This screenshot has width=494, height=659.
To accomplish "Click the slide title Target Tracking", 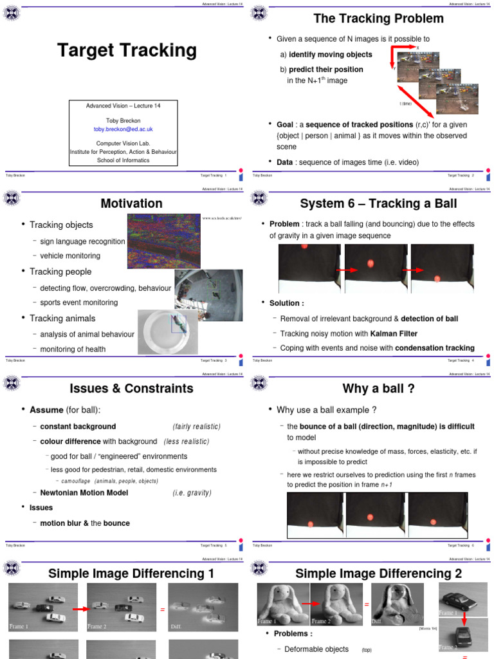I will [x=127, y=50].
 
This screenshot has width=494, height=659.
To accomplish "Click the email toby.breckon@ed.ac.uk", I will [x=123, y=129].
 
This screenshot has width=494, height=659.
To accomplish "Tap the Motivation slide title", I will [x=131, y=203].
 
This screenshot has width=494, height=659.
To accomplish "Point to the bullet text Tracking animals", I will [x=62, y=318].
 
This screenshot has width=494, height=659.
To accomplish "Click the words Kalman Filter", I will [x=394, y=333].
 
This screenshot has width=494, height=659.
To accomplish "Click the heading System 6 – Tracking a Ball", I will [x=378, y=203].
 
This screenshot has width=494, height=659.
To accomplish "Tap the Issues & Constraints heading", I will [x=131, y=388].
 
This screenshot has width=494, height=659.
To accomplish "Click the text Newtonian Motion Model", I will [x=84, y=493].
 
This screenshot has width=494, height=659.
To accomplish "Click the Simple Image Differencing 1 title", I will [x=131, y=573].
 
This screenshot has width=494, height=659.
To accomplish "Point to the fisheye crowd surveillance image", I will [x=208, y=295].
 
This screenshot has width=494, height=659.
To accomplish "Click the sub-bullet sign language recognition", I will [x=82, y=241].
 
